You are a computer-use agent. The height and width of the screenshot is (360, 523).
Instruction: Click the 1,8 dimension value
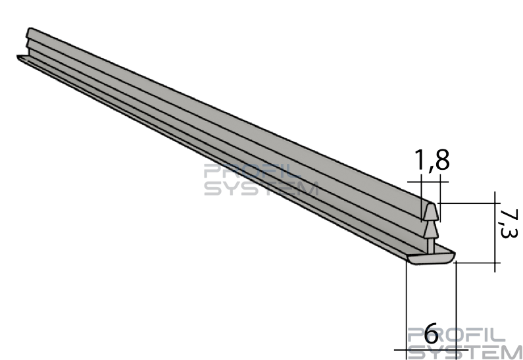pos(432,160)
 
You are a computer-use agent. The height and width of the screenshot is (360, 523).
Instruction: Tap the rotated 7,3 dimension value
pos(508,224)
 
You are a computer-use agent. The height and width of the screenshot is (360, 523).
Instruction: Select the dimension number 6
pos(432,333)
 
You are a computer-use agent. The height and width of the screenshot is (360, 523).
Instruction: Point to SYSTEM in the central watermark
pos(261,188)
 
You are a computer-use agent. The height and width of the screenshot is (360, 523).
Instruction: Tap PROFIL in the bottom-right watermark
pos(456,335)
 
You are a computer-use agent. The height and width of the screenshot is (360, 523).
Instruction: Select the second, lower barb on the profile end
pos(430,229)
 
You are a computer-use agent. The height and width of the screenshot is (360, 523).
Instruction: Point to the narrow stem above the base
pos(431,245)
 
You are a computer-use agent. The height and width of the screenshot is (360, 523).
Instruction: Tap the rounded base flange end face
pos(431,259)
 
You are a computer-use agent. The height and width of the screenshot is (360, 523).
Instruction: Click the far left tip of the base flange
pos(18,57)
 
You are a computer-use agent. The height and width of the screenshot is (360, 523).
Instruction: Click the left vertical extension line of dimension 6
pos(407,309)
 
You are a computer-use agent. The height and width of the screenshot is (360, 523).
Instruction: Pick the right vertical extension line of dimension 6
pos(456,311)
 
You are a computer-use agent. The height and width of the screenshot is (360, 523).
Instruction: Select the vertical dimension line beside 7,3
pos(495,232)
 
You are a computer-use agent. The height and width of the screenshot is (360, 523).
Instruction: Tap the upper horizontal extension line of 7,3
pos(469,203)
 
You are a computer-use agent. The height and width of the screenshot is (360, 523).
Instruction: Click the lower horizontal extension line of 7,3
pos(478,263)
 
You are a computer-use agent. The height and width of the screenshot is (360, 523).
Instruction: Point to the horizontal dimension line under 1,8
pos(428,182)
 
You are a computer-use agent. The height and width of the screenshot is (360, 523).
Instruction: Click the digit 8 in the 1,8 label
pos(442,160)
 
